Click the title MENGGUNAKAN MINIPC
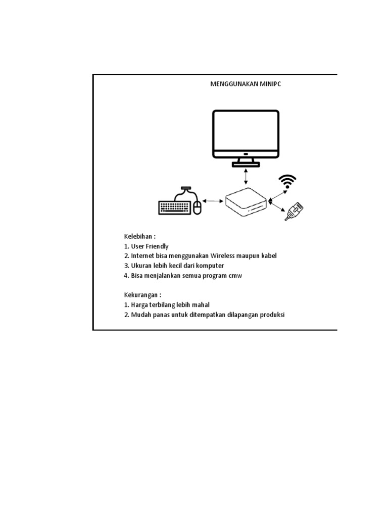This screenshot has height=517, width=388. (246, 84)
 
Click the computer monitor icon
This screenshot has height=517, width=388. (246, 133)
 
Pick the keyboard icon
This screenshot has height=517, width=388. (175, 207)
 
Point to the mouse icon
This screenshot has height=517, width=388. (197, 207)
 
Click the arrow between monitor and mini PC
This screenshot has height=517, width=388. (246, 177)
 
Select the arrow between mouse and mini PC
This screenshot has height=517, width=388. (214, 201)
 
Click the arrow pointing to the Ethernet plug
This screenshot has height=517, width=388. (277, 208)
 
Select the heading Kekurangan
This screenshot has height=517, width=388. (142, 295)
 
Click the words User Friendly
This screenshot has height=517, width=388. (150, 246)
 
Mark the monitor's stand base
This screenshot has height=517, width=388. (246, 164)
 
